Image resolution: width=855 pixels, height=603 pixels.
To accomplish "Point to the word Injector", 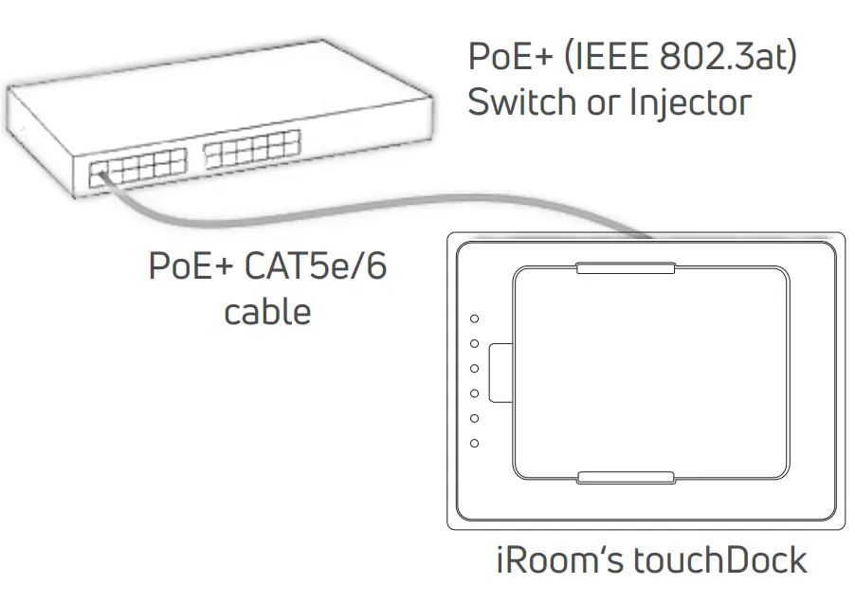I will click(690, 102).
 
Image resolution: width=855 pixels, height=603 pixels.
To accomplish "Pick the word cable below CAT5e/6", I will click(267, 310).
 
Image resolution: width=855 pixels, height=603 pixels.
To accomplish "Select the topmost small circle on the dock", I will click(475, 319).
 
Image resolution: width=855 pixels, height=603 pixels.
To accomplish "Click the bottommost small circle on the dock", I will click(475, 443).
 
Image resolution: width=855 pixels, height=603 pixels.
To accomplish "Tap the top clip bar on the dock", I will click(625, 269).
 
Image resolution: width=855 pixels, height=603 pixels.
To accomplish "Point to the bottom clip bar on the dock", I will click(625, 478).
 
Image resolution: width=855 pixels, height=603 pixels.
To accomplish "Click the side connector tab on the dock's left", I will click(500, 374).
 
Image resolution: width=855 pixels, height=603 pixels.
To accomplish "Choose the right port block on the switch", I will click(247, 152).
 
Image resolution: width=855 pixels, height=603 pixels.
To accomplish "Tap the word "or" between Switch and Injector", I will click(603, 102).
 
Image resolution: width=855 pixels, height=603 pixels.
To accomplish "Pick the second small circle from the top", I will click(475, 343).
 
